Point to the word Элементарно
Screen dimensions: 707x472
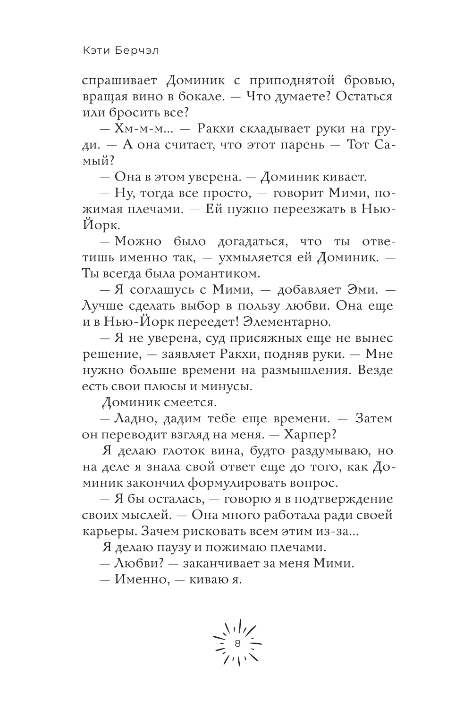(286, 322)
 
